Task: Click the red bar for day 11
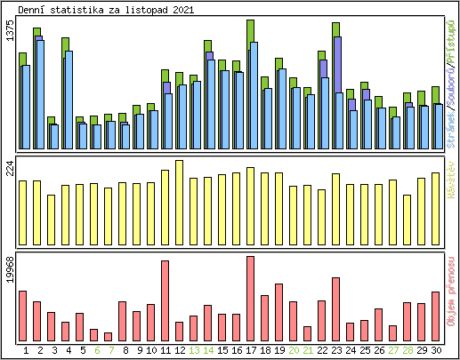point(165,300)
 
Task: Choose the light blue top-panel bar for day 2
point(40,94)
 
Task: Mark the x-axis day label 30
point(436,350)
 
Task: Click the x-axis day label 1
point(26,350)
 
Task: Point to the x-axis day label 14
point(208,350)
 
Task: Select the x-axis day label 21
point(308,350)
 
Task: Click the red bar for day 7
point(109,336)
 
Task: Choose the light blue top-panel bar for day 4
point(69,100)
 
